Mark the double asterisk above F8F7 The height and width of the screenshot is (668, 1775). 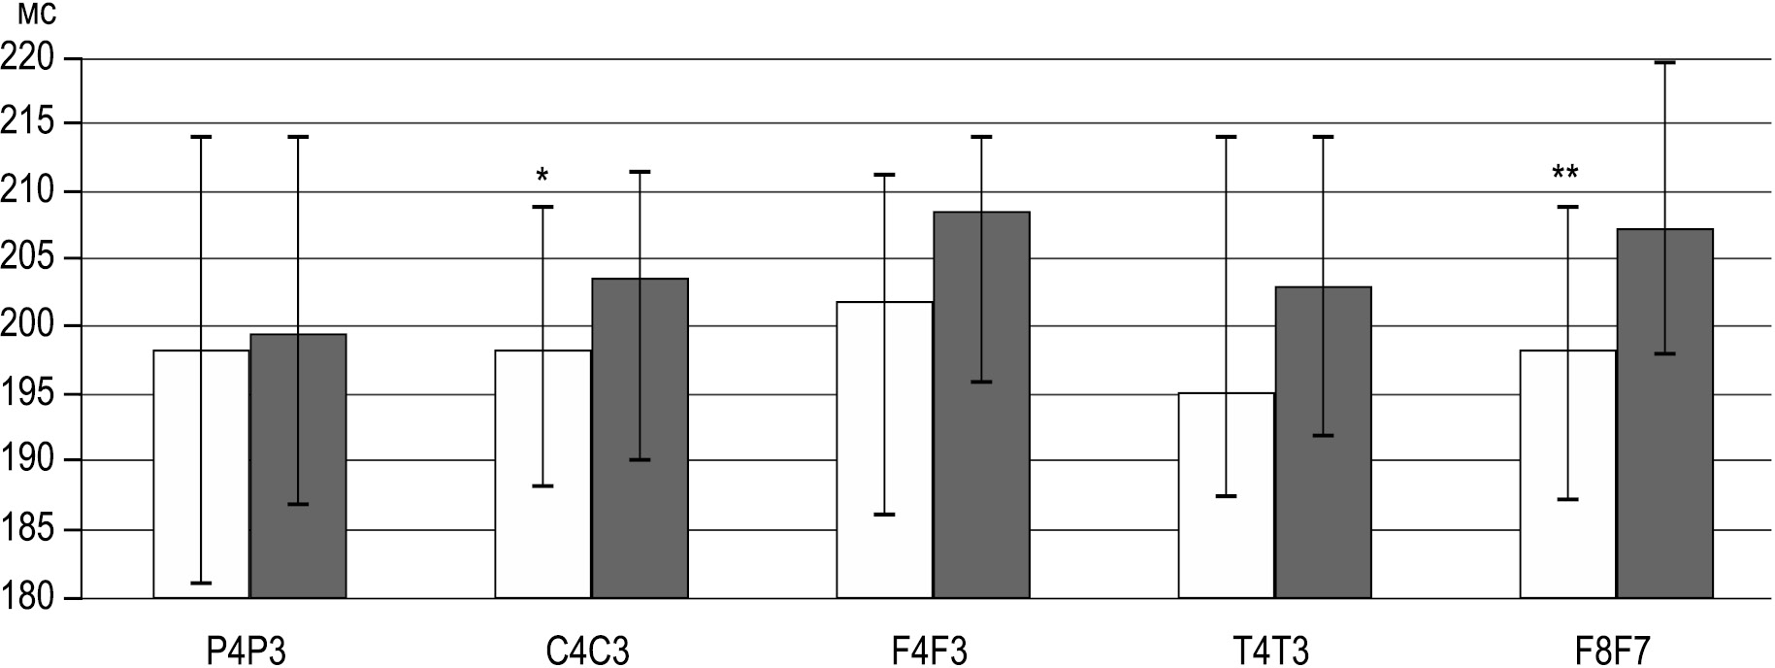1564,174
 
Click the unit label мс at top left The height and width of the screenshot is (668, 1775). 30,17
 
